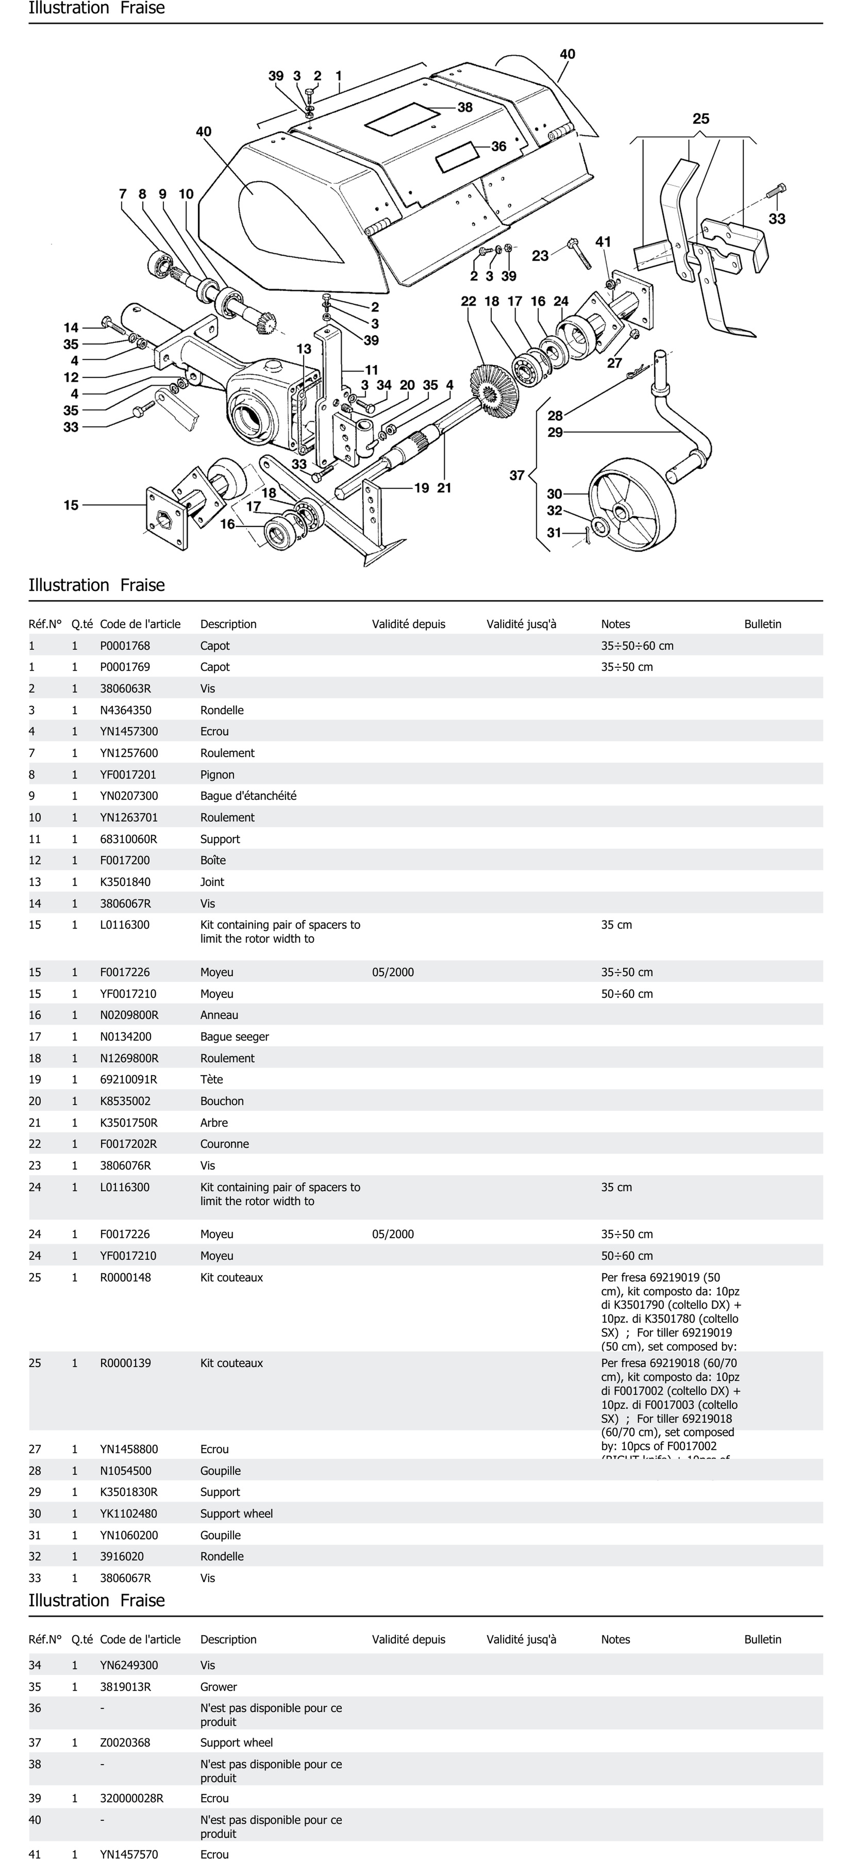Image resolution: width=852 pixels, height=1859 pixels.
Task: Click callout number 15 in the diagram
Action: click(71, 505)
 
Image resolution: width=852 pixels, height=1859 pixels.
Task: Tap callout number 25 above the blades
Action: click(700, 118)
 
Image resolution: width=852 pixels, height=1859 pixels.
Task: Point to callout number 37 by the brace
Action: click(516, 475)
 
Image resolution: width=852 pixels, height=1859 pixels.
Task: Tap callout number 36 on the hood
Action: click(498, 146)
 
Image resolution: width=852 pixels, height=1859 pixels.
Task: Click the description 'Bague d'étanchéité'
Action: click(248, 796)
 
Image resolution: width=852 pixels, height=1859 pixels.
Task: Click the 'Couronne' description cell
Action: click(224, 1144)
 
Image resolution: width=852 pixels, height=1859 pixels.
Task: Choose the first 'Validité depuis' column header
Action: click(408, 624)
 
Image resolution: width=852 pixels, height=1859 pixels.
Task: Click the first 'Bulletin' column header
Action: click(763, 624)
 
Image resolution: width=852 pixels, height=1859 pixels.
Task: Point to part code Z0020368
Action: click(125, 1743)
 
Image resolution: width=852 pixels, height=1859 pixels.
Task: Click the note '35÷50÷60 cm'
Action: click(637, 646)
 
